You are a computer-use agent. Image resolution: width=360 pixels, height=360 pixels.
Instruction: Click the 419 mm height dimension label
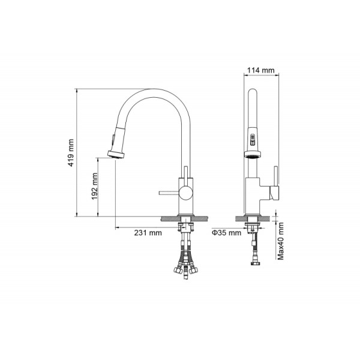pyautogui.click(x=71, y=152)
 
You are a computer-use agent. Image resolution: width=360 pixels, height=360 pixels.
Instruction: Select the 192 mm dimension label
pyautogui.click(x=95, y=186)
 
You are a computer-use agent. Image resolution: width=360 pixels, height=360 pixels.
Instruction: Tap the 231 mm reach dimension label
pyautogui.click(x=148, y=233)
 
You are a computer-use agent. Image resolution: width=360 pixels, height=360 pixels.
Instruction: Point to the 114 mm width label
pyautogui.click(x=260, y=70)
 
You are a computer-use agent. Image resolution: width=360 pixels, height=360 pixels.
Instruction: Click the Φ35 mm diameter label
pyautogui.click(x=226, y=233)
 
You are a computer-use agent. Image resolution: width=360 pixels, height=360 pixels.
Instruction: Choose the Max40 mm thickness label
pyautogui.click(x=281, y=241)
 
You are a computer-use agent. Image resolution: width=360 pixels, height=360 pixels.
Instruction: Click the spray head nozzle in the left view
pyautogui.click(x=116, y=154)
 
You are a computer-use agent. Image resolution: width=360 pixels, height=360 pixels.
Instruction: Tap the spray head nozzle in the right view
pyautogui.click(x=253, y=154)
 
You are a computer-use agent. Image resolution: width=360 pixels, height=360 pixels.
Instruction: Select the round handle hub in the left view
pyautogui.click(x=186, y=193)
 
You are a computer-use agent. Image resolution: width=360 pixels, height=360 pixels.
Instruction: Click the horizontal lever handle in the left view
pyautogui.click(x=169, y=193)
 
